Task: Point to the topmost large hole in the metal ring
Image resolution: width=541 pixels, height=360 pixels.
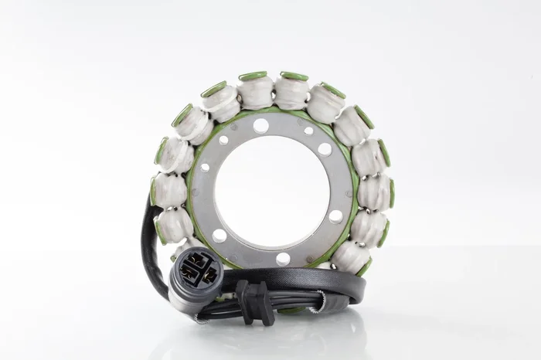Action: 260,125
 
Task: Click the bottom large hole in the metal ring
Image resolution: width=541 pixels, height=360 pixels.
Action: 284,259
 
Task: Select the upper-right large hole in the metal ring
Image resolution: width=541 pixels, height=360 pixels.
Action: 325,149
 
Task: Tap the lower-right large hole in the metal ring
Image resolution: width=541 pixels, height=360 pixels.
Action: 335,216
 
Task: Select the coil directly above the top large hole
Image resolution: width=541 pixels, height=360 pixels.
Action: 256,93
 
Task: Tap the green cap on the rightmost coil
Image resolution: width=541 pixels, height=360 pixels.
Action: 392,192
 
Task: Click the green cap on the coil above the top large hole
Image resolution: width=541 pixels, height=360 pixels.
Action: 253,76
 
